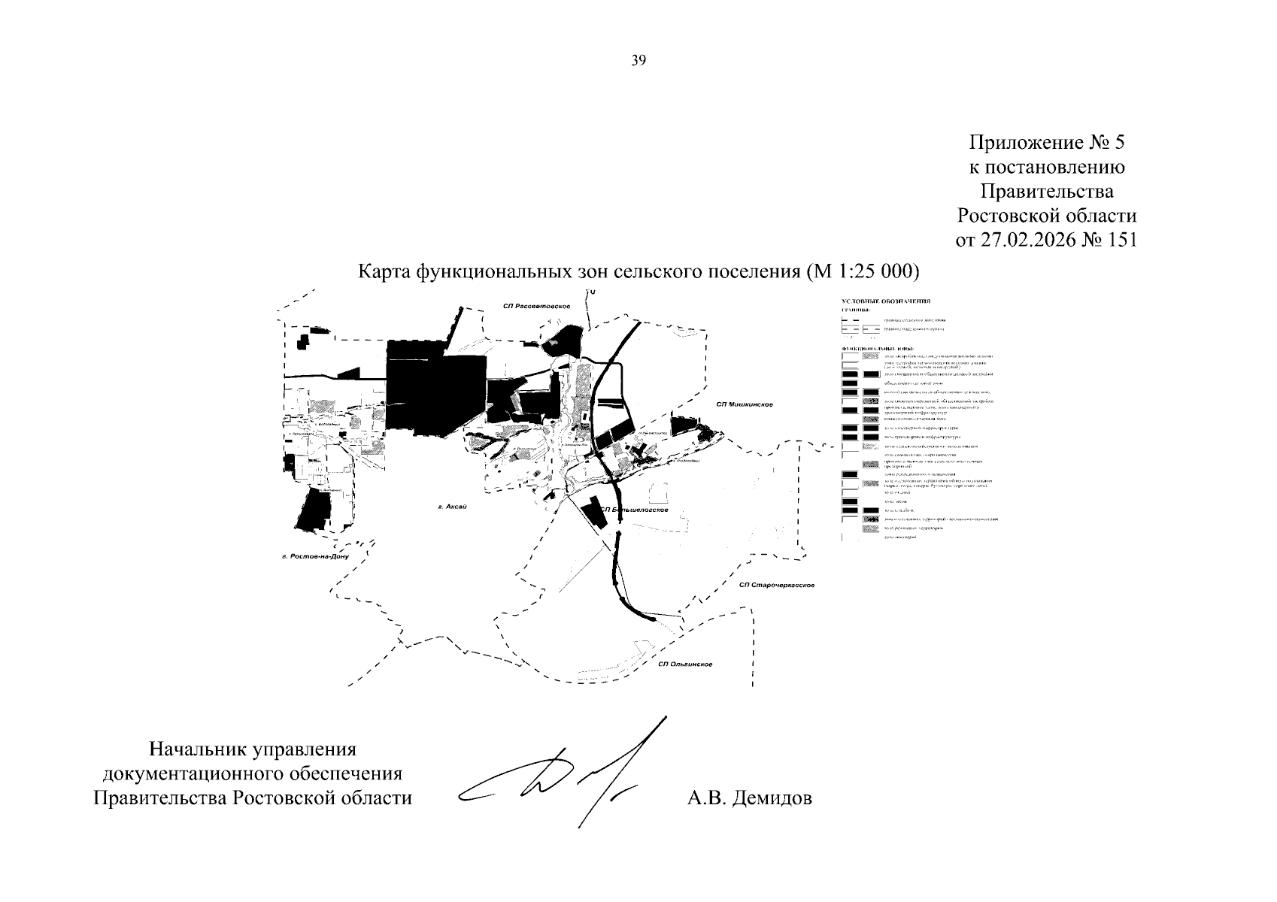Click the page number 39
[638, 61]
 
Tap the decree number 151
[1120, 240]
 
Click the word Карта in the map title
[383, 271]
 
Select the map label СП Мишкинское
[745, 404]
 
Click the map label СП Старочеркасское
[778, 585]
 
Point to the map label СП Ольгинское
[684, 664]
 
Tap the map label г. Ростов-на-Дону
[311, 557]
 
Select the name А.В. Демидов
[749, 798]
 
